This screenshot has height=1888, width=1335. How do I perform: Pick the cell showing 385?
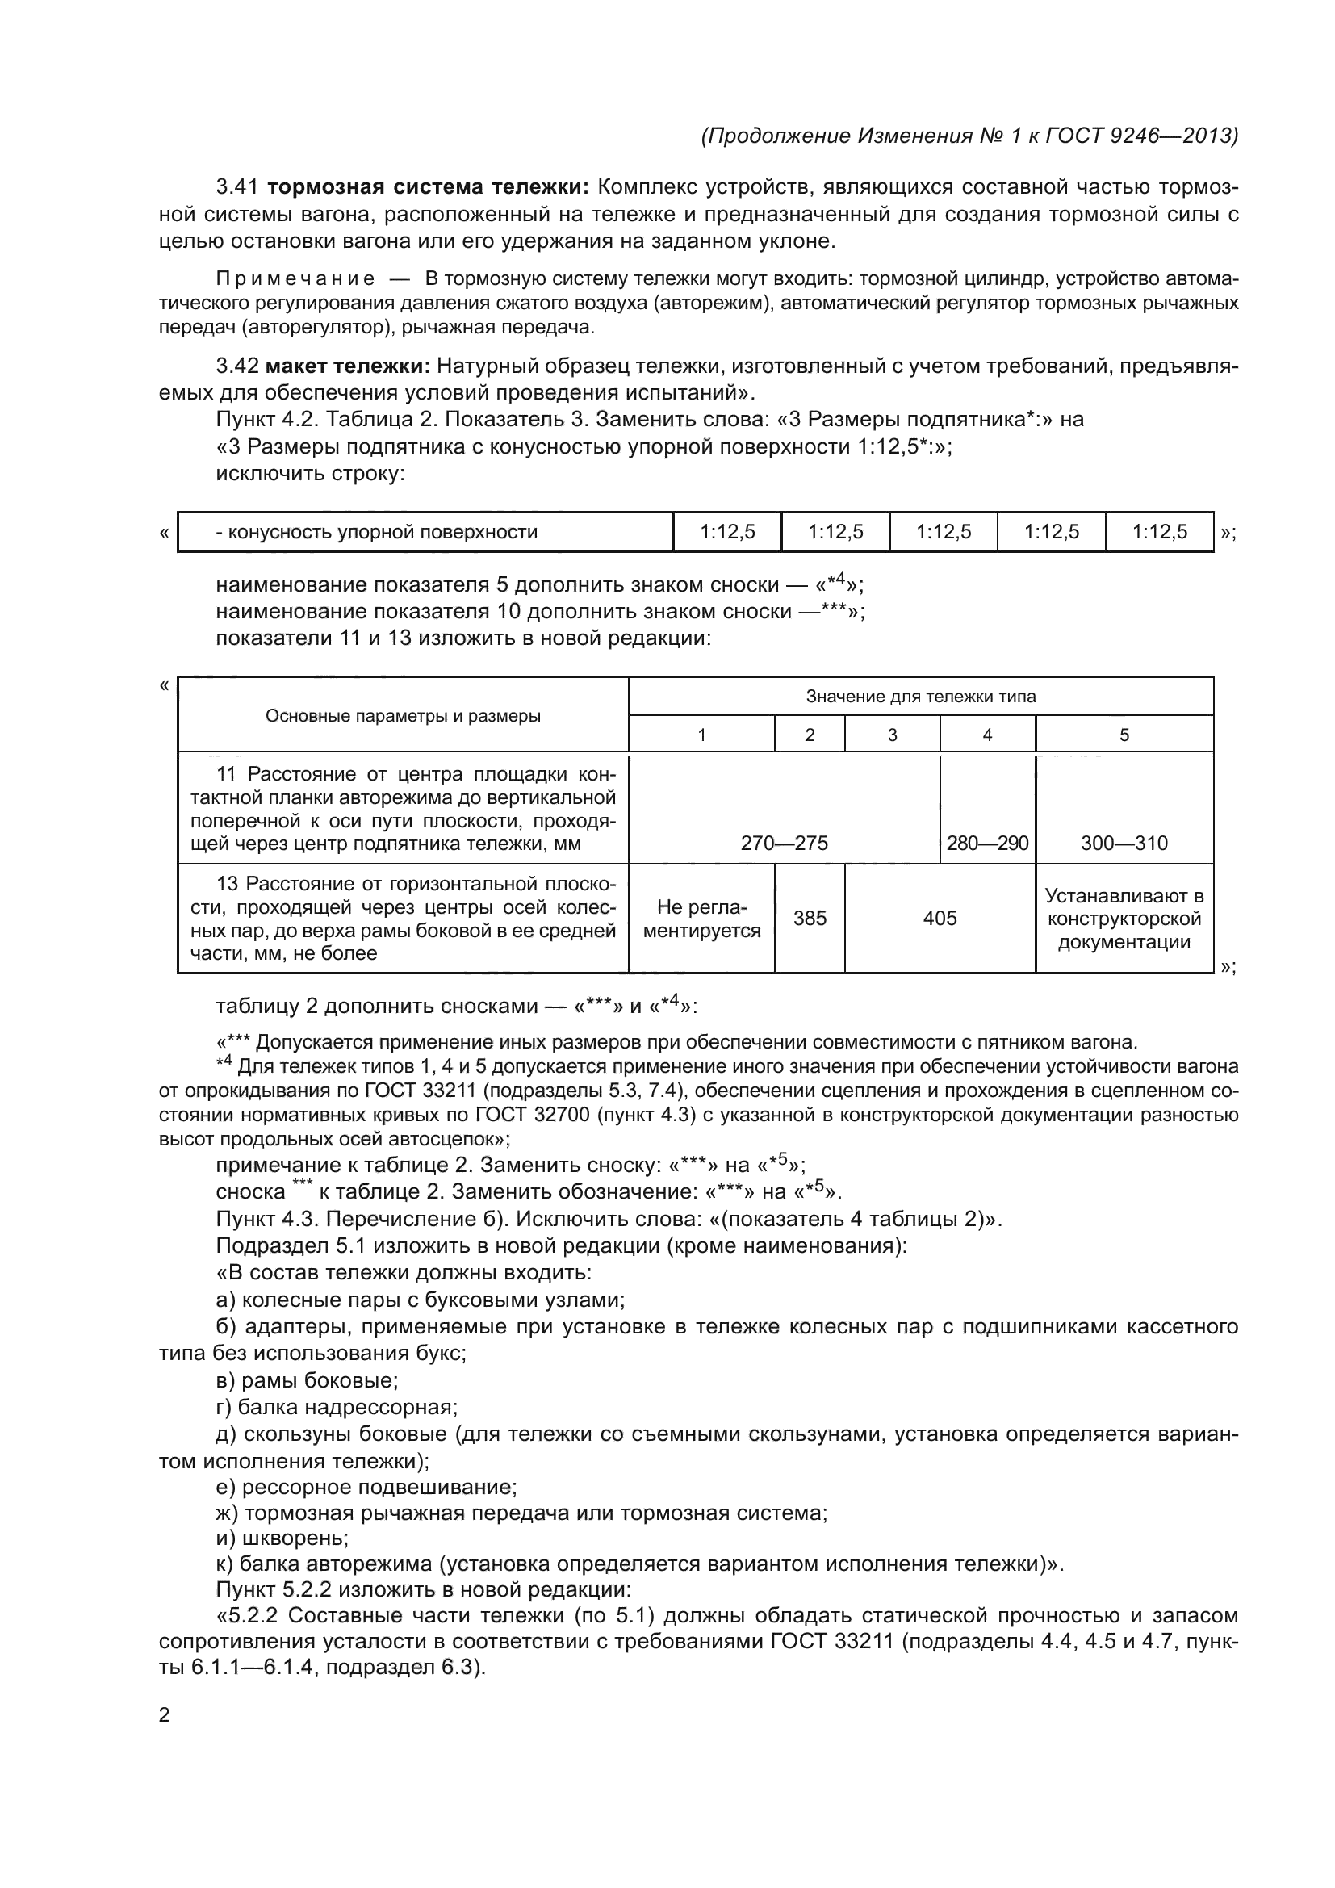pos(809,919)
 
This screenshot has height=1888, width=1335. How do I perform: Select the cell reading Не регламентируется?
pos(701,919)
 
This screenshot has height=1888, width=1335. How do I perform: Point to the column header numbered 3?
pos(892,735)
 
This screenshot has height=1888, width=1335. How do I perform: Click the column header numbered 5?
pos(1124,735)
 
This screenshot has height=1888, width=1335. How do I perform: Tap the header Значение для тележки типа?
pos(920,697)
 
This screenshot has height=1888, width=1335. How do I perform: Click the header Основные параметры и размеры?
pos(403,715)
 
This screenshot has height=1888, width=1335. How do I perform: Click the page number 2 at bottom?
pos(165,1715)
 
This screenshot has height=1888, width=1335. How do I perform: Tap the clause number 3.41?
pos(236,187)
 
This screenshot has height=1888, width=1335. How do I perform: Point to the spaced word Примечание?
pos(295,278)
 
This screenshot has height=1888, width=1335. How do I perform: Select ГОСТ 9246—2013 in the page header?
pos(1142,136)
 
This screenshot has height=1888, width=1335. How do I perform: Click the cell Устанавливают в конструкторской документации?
pos(1124,919)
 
